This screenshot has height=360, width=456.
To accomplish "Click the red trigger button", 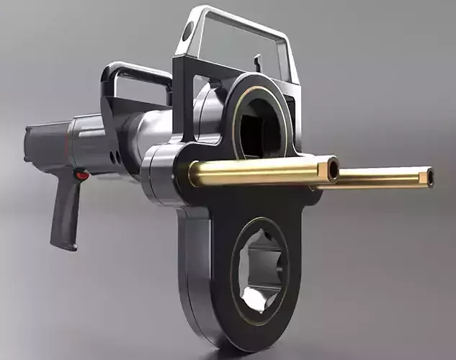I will pos(81,175).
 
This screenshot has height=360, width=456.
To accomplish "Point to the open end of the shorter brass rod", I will pos(333,170).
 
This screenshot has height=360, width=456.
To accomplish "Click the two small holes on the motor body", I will pos(114,156).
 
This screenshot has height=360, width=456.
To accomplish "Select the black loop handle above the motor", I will pos(133,71).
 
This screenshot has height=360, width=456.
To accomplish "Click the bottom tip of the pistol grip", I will pos(63,246).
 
